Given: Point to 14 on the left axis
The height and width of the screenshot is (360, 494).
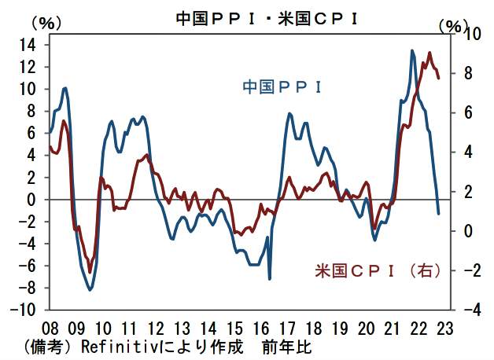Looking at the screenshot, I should [x=29, y=46].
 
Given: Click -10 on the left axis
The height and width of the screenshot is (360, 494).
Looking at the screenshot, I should [x=24, y=310].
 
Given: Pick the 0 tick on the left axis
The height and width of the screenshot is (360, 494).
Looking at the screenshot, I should [x=33, y=200].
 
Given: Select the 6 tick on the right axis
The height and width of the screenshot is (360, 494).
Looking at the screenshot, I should [x=467, y=113].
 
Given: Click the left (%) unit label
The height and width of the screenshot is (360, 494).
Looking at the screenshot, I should [x=45, y=23].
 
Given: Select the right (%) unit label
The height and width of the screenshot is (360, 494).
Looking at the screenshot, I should [x=452, y=24].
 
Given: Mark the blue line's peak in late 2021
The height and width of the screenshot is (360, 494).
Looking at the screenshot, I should [x=413, y=51].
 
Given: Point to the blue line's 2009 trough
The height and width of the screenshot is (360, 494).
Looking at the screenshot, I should [x=90, y=290].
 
